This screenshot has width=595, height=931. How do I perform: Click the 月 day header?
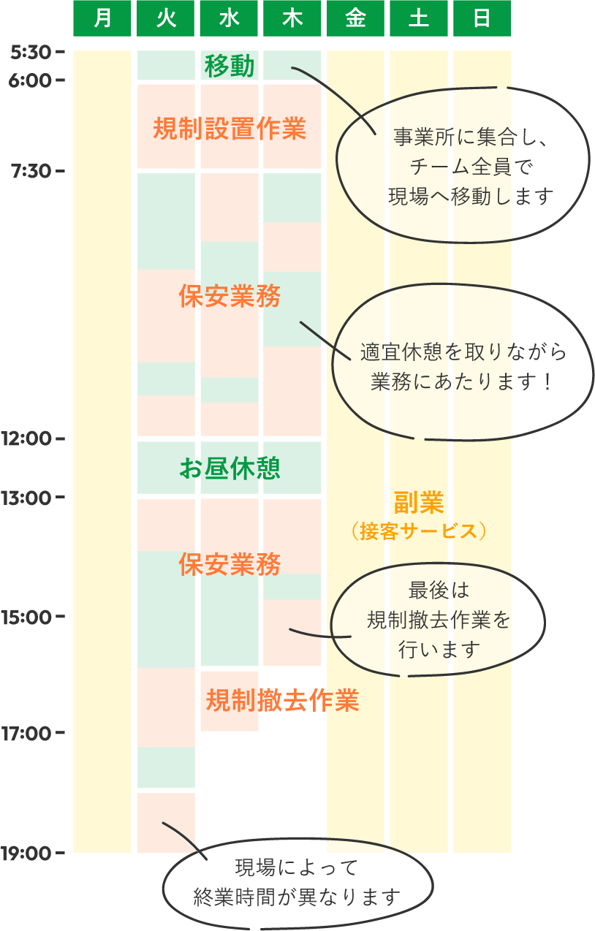pos(102,18)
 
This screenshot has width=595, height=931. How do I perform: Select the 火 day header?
pos(166,18)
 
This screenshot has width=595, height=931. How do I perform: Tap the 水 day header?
pos(229,18)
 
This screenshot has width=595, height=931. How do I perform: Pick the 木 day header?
pos(292,18)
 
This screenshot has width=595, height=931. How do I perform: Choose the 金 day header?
pos(355,18)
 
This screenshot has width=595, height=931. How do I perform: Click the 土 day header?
pos(419,18)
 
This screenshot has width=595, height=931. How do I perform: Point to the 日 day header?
pos(482,18)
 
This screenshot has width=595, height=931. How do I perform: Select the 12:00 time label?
pos(26,439)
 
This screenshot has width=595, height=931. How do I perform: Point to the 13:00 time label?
pos(26,498)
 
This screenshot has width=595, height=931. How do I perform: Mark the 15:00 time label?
pos(26,617)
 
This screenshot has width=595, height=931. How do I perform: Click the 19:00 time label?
pos(26,852)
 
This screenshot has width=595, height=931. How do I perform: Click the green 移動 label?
pos(230,66)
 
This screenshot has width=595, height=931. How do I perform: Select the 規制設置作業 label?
pos(230,129)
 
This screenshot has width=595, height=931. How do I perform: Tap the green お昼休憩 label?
pos(230,468)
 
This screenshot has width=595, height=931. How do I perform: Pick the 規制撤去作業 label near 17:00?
pos(282,701)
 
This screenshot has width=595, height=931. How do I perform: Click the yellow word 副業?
pos(419,503)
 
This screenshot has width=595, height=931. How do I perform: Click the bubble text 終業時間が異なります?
pos(297,897)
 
